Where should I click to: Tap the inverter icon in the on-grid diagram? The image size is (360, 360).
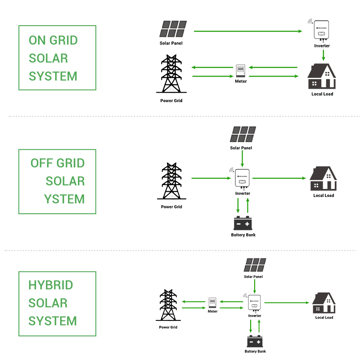point(322,31)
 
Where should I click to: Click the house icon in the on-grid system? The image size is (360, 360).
point(322,76)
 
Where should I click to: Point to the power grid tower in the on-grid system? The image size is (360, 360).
point(171,74)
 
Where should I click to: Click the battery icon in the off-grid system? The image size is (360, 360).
point(243,223)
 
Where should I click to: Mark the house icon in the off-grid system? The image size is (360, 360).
point(323,179)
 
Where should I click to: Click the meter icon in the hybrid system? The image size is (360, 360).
point(212,302)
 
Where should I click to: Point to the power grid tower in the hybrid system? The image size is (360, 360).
point(168,306)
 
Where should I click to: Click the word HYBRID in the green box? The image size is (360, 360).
point(50,285)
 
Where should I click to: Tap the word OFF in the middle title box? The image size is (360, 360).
point(39,163)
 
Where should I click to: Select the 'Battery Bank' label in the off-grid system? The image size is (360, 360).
point(243,235)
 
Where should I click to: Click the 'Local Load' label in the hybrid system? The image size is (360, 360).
point(324,318)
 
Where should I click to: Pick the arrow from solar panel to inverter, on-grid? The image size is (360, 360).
point(247,31)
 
